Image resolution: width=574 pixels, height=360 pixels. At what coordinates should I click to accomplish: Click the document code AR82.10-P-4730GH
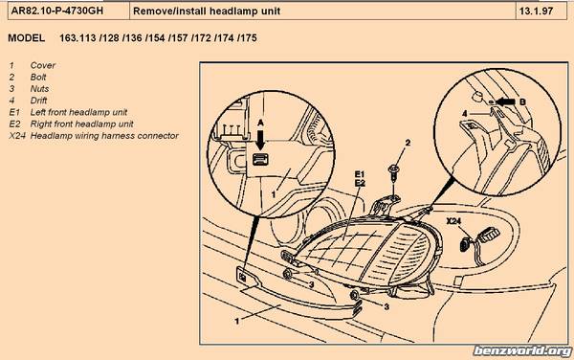57,11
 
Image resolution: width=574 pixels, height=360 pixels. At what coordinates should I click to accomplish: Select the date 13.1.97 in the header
536,11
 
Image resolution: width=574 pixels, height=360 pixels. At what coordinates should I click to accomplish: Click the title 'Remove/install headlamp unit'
207,11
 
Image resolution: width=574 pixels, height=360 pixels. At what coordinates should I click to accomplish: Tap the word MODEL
27,38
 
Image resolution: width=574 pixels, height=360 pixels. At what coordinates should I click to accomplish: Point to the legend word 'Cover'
43,65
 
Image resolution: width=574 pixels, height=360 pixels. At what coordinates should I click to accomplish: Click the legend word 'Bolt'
38,77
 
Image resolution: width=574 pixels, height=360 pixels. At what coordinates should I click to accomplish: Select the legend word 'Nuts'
39,89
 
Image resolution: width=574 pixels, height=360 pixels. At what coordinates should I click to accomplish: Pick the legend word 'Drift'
38,101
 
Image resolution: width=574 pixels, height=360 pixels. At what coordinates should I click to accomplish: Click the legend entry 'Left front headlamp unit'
78,112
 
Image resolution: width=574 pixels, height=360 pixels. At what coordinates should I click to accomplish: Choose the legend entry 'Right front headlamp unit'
81,124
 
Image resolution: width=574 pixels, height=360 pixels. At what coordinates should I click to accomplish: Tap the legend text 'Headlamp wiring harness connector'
104,136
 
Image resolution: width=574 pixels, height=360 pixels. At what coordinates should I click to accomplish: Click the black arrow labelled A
260,139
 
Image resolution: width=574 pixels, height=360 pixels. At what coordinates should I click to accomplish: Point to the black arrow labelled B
504,101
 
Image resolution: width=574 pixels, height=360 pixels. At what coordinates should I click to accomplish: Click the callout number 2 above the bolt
408,143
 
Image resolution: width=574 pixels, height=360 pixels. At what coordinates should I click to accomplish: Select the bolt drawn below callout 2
394,173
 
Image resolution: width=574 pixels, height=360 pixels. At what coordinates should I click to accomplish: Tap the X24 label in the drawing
453,221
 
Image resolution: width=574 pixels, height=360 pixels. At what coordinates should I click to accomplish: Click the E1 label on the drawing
360,174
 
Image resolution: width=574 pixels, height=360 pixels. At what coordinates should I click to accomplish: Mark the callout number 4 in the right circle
465,114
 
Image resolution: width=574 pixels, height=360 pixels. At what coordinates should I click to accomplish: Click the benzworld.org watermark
522,351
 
